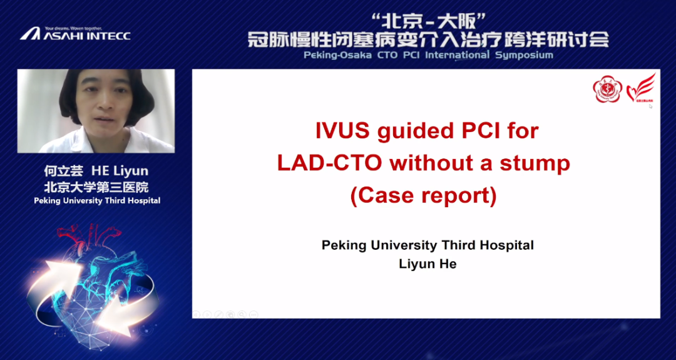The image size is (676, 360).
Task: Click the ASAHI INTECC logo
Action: [75, 34]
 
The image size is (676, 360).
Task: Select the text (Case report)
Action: [424, 197]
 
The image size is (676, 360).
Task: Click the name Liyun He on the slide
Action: [428, 264]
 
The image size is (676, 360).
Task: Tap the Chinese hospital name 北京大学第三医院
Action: [96, 187]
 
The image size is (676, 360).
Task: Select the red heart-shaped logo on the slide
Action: [641, 88]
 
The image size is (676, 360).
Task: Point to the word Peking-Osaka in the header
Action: [337, 55]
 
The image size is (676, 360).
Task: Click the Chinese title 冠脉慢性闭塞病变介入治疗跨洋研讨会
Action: [429, 39]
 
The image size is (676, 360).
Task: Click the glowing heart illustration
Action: [92, 280]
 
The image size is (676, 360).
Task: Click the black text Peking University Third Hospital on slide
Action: [428, 245]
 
